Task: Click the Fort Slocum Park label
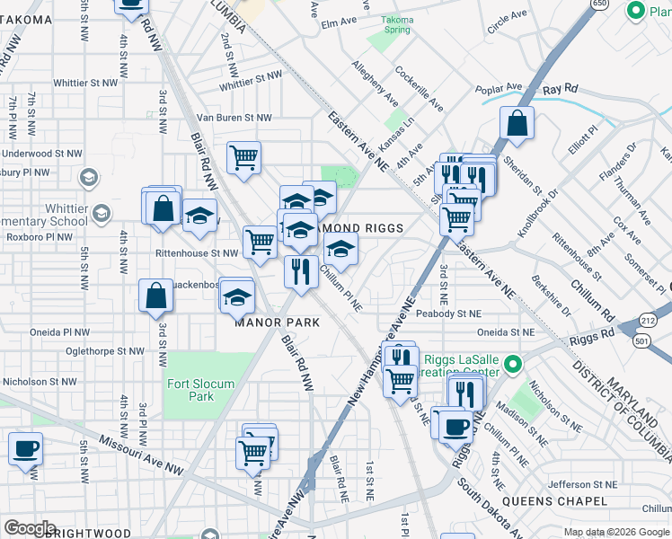200,390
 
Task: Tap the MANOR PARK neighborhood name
277,322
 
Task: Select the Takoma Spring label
396,24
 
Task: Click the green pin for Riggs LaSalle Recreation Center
512,364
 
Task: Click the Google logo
30,528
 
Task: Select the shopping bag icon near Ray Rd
517,123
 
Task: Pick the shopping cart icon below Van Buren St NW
243,158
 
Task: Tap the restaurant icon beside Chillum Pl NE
301,269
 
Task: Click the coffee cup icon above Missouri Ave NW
25,447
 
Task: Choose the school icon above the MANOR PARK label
237,296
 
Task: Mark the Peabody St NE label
448,314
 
